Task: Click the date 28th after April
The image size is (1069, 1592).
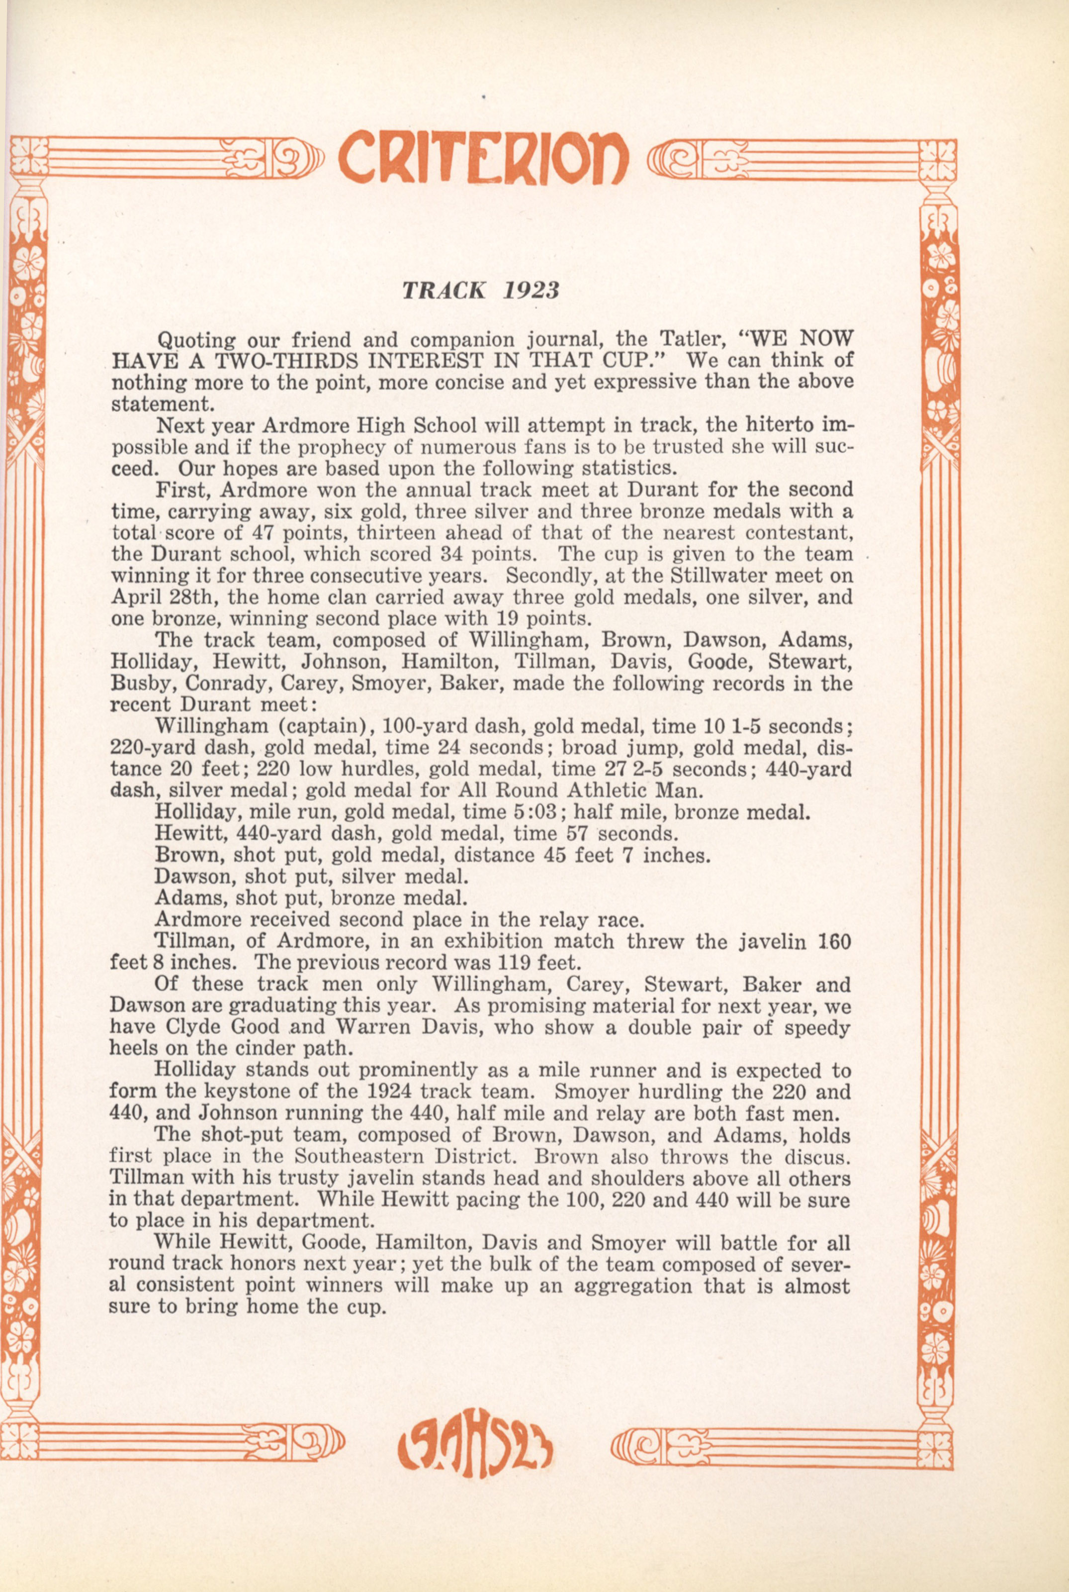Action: [192, 597]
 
